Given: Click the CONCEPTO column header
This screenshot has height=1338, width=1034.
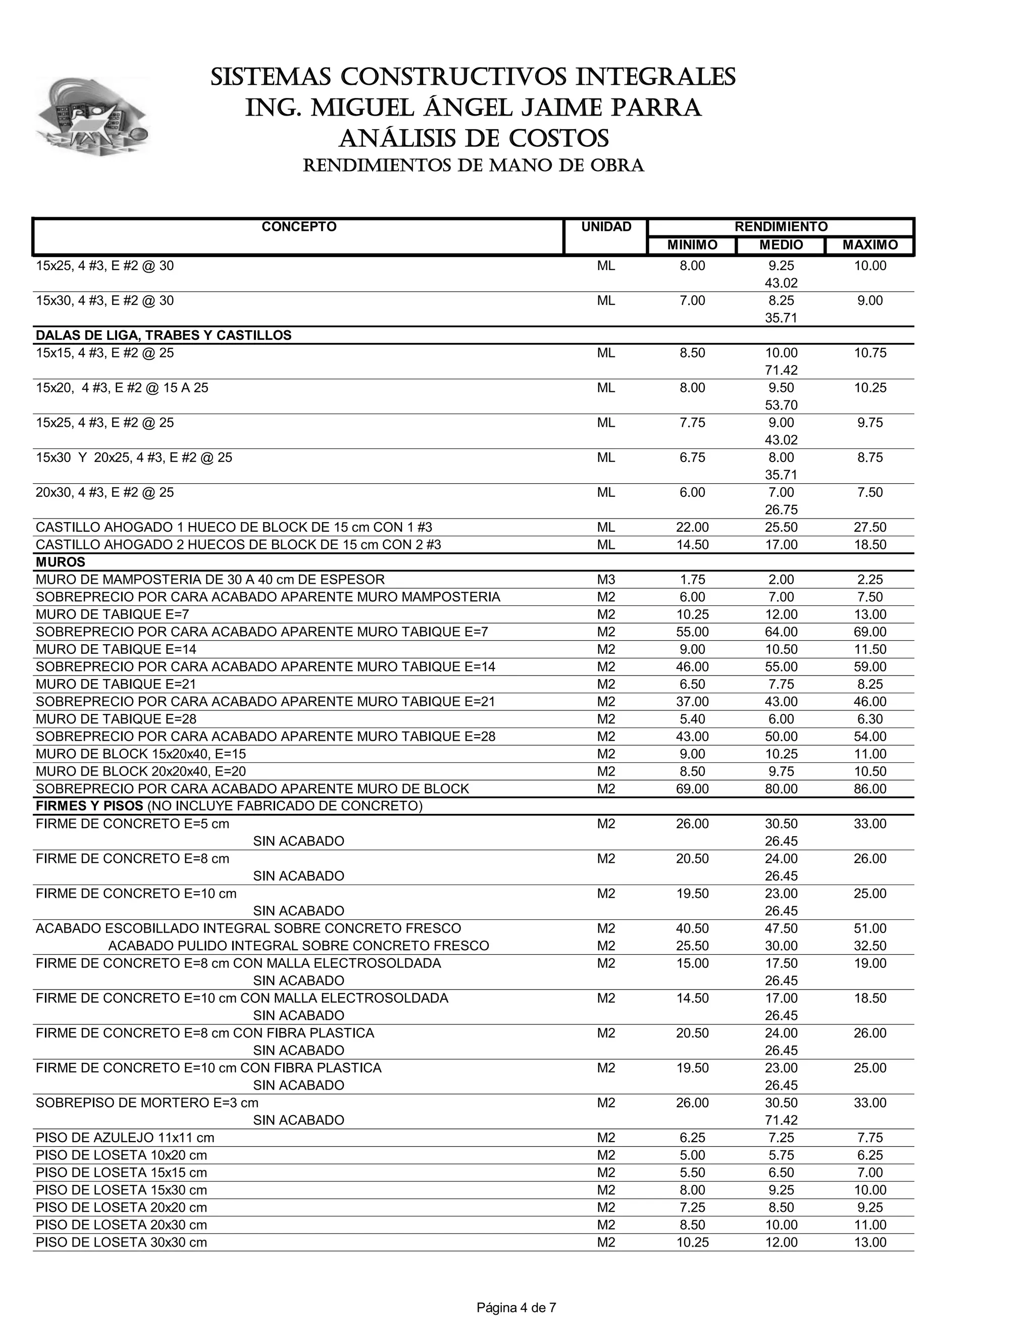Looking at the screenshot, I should pos(299,227).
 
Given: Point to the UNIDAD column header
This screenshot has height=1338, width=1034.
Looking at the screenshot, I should pos(606,227).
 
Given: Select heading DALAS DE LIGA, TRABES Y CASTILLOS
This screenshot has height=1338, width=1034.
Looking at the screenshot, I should pos(164,336).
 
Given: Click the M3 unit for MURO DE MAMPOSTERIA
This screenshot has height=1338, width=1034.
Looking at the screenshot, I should pos(606,580).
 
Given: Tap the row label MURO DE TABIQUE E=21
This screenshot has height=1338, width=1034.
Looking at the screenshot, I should pos(116,684).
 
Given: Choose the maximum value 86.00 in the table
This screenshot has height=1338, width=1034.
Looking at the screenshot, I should pos(870,789).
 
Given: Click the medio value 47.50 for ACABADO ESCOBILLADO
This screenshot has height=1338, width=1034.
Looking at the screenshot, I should pos(781,929).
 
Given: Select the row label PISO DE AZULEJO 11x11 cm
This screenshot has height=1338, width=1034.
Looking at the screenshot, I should pos(125,1138).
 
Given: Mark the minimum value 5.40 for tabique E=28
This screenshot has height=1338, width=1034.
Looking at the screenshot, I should pos(692,719).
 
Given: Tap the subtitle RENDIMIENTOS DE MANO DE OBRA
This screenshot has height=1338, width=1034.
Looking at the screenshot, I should pos(474,166).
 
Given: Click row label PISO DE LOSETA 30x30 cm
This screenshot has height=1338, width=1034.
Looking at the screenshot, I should pos(121,1243).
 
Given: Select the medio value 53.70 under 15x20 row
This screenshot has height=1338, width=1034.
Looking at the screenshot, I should pos(781,405).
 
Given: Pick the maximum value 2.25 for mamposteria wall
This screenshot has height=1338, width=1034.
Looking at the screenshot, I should pos(870,580).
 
